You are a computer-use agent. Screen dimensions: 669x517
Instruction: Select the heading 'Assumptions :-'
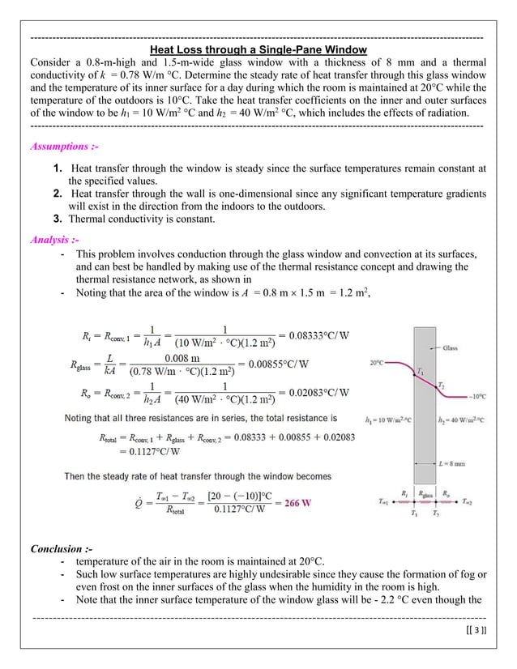coord(64,147)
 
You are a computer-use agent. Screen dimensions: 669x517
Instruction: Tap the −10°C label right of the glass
coord(476,396)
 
